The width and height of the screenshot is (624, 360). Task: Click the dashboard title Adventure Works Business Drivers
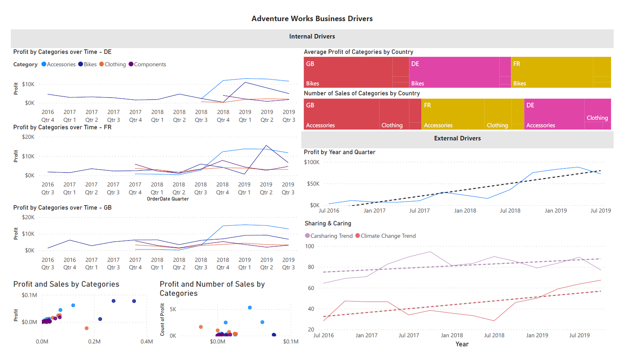pos(312,19)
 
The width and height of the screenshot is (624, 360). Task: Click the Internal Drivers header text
pos(312,36)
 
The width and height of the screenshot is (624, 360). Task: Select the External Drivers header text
pos(457,138)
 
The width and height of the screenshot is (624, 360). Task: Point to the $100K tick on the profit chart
pos(312,162)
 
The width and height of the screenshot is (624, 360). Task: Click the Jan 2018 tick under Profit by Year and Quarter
pos(465,210)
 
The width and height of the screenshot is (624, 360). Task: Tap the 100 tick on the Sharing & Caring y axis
pos(310,246)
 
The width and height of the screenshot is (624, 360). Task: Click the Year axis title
pos(462,344)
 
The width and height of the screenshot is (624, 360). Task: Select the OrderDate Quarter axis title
pos(168,199)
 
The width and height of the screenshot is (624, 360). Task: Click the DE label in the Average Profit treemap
pos(415,64)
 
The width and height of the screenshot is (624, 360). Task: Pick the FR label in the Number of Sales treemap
pos(428,105)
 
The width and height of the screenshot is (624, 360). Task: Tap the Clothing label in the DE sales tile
pos(597,118)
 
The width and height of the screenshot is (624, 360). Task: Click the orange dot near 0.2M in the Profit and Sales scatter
pos(87,328)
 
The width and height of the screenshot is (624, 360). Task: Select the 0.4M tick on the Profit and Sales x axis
pos(147,341)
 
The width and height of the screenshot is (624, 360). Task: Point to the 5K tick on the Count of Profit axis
pos(173,309)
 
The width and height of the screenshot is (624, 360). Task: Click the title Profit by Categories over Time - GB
pos(62,208)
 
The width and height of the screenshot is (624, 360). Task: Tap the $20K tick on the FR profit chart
pos(28,137)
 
